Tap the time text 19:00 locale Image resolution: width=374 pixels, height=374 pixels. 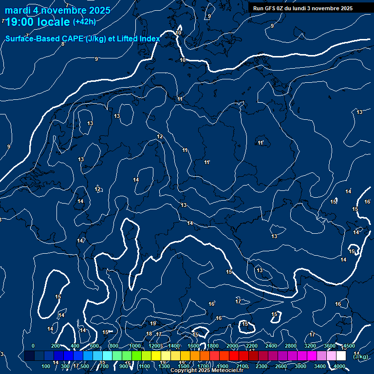click(37, 22)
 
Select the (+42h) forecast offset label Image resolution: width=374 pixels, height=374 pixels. click(84, 21)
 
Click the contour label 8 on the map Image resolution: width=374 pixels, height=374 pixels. click(63, 44)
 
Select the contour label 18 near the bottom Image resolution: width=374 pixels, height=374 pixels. click(149, 334)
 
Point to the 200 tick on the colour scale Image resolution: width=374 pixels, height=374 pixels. click(56, 346)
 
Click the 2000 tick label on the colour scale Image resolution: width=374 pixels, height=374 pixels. click(232, 346)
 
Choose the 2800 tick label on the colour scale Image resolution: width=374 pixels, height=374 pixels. click(291, 346)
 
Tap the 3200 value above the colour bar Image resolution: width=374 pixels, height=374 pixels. click(310, 346)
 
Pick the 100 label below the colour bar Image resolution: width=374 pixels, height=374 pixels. click(46, 366)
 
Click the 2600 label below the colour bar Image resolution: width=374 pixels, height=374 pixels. click(281, 366)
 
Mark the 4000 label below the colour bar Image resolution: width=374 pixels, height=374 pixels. click(339, 366)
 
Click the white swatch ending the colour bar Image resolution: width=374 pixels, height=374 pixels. click(341, 356)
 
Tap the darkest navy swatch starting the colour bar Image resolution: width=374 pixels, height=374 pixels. click(29, 356)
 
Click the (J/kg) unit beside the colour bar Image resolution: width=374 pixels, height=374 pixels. click(360, 356)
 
